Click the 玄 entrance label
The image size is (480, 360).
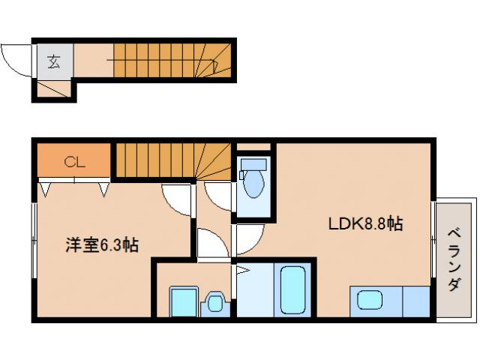point(54,61)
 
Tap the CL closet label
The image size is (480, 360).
point(74,160)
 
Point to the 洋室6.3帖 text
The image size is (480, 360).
point(102,244)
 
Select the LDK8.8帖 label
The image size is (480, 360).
point(366,223)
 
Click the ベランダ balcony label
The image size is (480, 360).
point(454,258)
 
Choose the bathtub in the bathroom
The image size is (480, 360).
point(291,292)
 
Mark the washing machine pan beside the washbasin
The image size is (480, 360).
point(182,302)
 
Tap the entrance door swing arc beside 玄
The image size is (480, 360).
point(16,60)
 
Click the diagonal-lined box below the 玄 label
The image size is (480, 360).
point(53,89)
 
